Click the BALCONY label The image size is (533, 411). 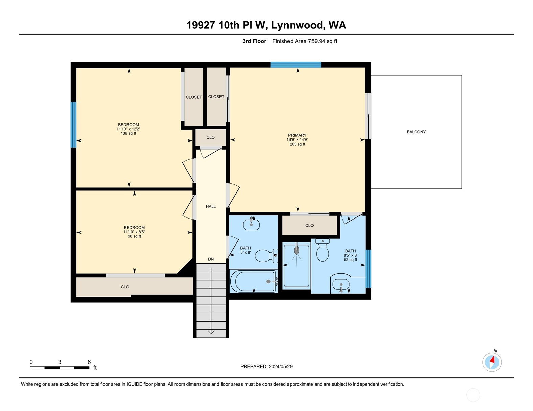(416, 132)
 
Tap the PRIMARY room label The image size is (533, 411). (297, 135)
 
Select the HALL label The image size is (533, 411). (211, 206)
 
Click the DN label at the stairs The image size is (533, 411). (211, 259)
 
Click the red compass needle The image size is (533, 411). (492, 359)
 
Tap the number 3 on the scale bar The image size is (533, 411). (60, 362)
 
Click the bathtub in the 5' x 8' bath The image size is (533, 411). (254, 281)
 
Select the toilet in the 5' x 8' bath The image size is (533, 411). (266, 256)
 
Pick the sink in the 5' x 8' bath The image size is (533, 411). (251, 224)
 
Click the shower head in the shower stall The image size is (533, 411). (297, 250)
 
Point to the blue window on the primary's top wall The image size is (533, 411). (296, 65)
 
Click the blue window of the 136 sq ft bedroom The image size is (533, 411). (73, 125)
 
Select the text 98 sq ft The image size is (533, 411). (134, 236)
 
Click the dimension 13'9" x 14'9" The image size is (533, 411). (297, 139)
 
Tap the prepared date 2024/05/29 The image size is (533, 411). (280, 367)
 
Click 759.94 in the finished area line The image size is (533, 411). (317, 41)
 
